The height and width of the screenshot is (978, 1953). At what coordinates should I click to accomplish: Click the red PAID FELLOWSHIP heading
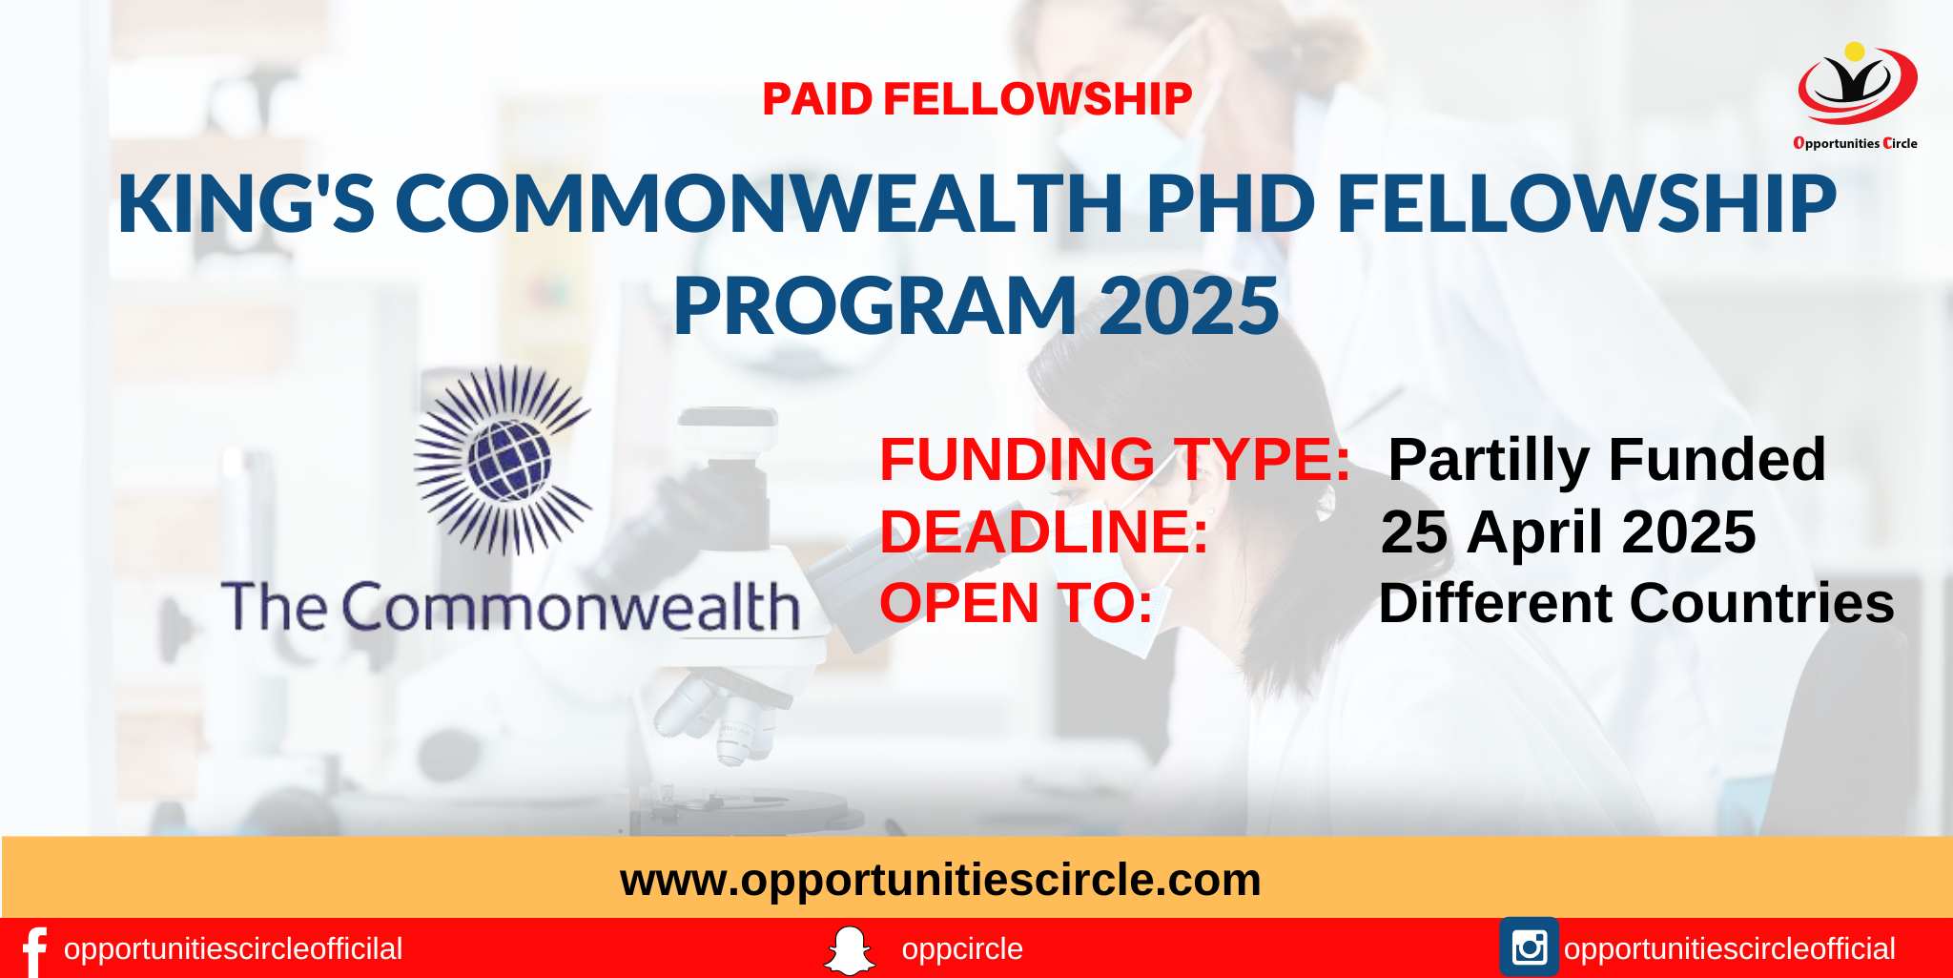(976, 99)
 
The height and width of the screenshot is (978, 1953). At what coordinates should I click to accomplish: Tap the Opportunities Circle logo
(1856, 96)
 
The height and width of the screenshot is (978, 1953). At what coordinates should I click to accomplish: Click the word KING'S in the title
(246, 203)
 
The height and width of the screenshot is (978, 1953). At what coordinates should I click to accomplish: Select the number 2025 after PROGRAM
(1188, 305)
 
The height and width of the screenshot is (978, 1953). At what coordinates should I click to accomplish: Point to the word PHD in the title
(1231, 203)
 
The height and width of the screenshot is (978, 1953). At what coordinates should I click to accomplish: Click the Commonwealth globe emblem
(503, 460)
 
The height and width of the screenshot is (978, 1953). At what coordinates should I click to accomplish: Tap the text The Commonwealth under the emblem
(510, 606)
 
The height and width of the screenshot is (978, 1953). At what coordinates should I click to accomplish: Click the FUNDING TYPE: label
(1115, 459)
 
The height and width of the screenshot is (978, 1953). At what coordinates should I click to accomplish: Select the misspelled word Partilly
(1490, 461)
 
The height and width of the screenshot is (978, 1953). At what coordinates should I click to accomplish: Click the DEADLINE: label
(1043, 531)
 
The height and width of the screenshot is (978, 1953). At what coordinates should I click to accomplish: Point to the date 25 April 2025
(1568, 532)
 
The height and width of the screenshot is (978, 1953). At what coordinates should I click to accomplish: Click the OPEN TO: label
(1016, 603)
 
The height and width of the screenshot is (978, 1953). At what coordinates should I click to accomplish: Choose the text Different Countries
(1636, 603)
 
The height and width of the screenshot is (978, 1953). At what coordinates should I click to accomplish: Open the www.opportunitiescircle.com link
(940, 880)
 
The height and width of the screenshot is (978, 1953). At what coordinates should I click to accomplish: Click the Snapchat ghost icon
(849, 950)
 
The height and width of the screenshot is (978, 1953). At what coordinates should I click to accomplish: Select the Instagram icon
(1529, 947)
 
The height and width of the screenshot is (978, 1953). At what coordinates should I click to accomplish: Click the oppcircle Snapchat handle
(962, 949)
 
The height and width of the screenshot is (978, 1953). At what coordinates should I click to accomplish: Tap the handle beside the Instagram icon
(1730, 949)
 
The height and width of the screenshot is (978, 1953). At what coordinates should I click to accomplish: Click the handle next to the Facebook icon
(233, 949)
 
